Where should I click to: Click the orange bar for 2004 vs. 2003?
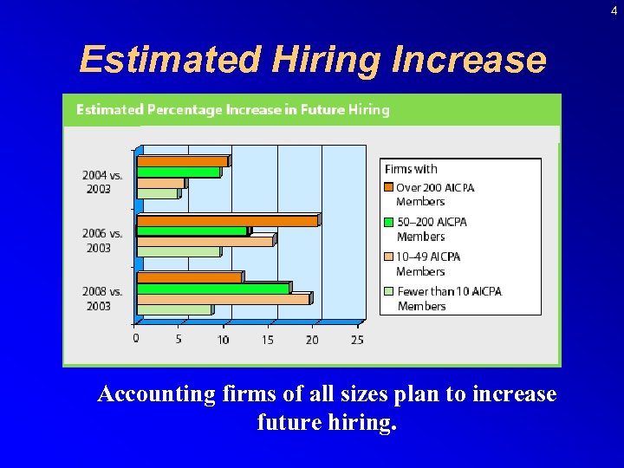[x=182, y=161]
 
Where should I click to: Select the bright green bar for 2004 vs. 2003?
[x=178, y=172]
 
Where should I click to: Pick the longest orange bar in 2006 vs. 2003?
[x=227, y=220]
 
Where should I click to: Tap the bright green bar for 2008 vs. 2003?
[x=213, y=288]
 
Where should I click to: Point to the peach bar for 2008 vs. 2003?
[x=223, y=299]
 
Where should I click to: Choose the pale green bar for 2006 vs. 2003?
[x=179, y=251]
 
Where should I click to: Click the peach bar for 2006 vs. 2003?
[x=205, y=241]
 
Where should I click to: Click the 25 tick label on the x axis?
[x=357, y=340]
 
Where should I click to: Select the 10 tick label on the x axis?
[x=223, y=340]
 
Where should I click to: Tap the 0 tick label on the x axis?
[x=136, y=339]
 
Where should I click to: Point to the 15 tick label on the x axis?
[x=268, y=340]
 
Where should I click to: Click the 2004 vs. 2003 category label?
[x=102, y=182]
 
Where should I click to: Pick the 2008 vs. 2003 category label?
[x=102, y=299]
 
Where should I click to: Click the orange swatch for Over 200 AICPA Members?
[x=389, y=187]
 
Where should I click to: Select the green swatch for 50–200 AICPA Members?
[x=389, y=222]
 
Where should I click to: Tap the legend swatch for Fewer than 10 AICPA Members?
[x=389, y=291]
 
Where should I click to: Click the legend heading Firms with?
[x=411, y=169]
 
